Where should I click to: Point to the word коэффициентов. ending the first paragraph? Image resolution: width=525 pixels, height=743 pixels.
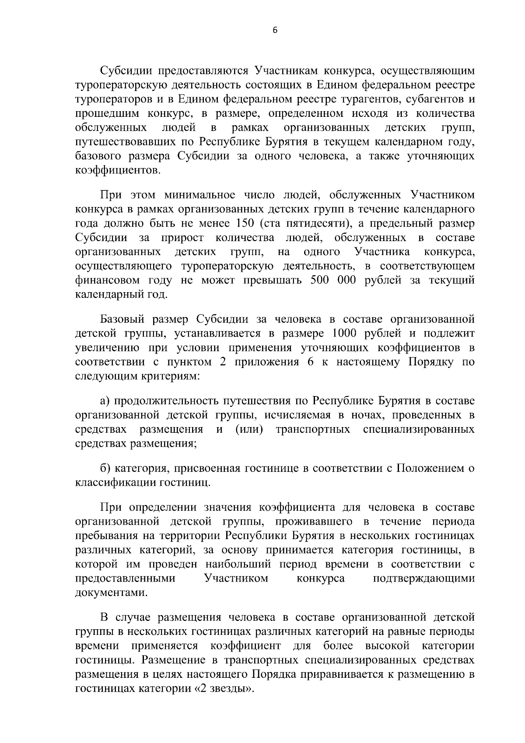118,170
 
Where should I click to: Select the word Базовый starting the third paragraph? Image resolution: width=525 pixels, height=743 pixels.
123,319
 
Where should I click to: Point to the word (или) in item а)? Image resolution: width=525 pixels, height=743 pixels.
249,429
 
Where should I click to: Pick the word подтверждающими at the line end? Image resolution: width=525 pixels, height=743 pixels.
423,578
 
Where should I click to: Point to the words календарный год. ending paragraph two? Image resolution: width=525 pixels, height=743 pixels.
121,294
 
